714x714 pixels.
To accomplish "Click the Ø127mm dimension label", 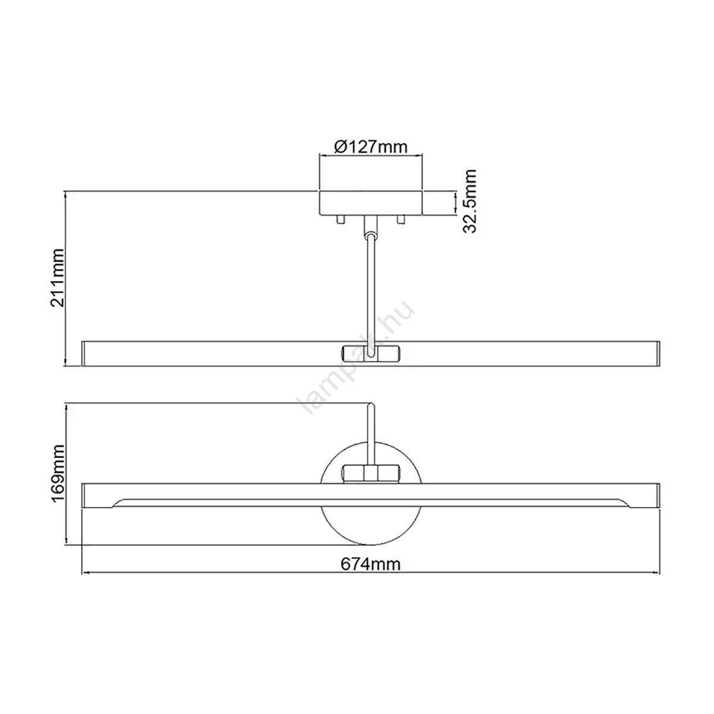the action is (x=371, y=147).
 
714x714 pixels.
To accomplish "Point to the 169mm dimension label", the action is (x=58, y=473).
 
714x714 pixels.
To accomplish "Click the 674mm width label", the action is (x=371, y=564).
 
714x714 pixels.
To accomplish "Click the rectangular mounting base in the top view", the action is (x=371, y=203).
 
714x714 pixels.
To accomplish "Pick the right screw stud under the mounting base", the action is (x=401, y=220).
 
